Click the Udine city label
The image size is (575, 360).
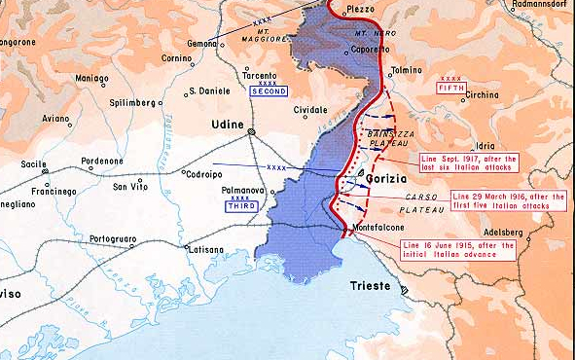[x=226, y=125]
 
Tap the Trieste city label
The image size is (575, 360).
[x=371, y=288]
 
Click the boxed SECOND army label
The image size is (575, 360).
[x=268, y=90]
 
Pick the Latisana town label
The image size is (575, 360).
[x=206, y=250]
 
